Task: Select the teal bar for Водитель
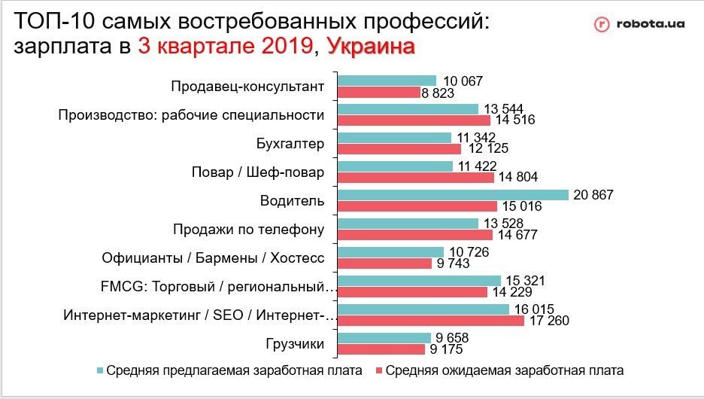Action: pos(453,195)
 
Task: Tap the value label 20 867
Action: pos(594,195)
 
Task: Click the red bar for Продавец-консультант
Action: pos(378,92)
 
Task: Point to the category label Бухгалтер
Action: pos(290,144)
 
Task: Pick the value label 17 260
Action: pos(548,321)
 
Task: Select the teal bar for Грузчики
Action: pos(384,338)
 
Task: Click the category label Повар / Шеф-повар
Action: pos(258,172)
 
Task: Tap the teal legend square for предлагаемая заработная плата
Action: pos(99,370)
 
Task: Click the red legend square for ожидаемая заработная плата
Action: pos(380,370)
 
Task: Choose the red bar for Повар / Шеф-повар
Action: pos(416,178)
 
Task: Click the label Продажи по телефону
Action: pos(248,230)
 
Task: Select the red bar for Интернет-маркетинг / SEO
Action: pos(430,321)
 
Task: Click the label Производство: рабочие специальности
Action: pos(191,115)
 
